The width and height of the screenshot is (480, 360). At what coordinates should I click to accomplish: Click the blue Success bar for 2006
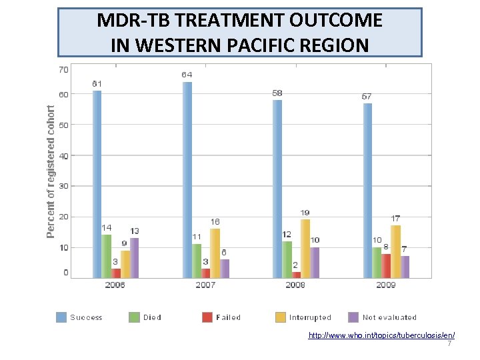97,183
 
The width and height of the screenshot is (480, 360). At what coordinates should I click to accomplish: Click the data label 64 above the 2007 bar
187,75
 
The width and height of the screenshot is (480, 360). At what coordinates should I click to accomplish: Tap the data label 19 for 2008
305,213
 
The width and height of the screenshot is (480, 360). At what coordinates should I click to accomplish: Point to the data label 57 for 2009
367,97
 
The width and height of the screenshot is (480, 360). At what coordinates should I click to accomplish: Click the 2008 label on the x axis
295,285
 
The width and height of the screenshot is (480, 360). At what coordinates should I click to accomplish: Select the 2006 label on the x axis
115,285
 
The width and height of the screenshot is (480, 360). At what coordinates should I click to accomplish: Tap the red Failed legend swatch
206,317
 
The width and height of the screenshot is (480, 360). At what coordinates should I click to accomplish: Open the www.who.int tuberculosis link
381,335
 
